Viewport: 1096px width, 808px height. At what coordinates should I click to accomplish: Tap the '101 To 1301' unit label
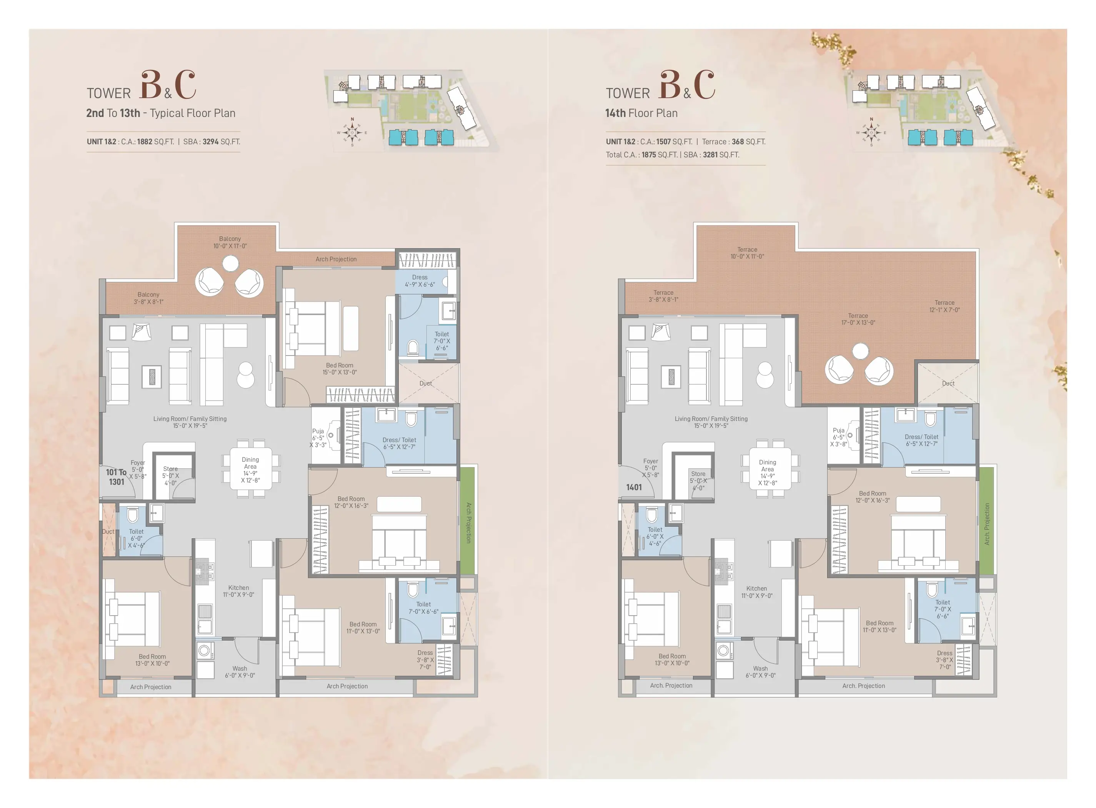click(x=117, y=477)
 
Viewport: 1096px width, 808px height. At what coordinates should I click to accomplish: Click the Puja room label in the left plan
click(x=318, y=438)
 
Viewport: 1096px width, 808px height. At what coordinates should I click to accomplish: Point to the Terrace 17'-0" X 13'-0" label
click(x=858, y=319)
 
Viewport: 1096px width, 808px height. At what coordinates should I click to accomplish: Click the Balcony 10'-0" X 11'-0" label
click(x=230, y=242)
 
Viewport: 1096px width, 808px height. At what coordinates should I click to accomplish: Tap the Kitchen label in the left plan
click(x=238, y=591)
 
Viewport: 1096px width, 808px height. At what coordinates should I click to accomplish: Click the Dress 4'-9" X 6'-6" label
click(x=420, y=281)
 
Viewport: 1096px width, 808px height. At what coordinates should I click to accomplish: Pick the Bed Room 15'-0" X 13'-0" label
click(x=339, y=369)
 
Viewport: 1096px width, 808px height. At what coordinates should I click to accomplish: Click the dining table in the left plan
click(x=251, y=469)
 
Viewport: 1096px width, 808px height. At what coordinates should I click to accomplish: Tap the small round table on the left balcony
click(x=230, y=264)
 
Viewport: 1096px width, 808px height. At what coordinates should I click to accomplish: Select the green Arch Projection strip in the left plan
click(x=467, y=521)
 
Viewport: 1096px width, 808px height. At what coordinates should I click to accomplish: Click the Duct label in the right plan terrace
click(x=948, y=384)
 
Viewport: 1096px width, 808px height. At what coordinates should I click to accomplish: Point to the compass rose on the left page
click(x=352, y=132)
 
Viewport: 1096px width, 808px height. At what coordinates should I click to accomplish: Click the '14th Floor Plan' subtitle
click(x=641, y=114)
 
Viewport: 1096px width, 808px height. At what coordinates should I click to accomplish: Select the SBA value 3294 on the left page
click(x=210, y=142)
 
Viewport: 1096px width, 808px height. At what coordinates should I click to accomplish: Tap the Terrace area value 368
click(x=738, y=142)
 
